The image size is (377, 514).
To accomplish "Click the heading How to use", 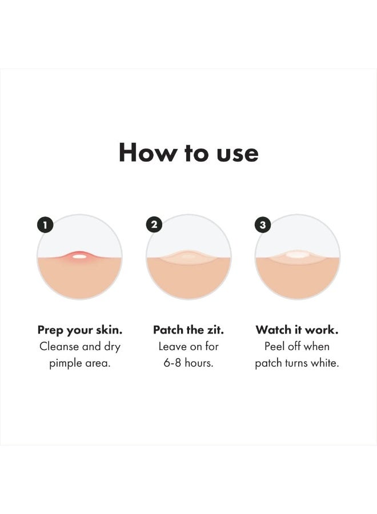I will point(188,153).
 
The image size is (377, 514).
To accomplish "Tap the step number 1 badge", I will point(45,224).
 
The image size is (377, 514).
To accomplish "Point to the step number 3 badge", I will point(263,224).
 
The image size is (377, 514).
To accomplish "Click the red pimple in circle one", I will point(79,256).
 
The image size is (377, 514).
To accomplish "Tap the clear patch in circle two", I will point(188,258).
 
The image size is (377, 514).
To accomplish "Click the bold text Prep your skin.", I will point(79,330).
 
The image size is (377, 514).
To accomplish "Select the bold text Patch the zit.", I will point(188,330).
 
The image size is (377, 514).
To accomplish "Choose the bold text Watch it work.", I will point(297,330).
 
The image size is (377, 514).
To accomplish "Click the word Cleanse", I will point(59,346).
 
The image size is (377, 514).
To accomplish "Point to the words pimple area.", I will point(79,363).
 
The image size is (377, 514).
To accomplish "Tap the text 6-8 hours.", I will point(188,363).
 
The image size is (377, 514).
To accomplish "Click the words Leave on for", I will point(188,346).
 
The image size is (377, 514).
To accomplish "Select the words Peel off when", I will point(297,346).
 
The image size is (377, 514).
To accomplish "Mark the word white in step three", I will point(325,363).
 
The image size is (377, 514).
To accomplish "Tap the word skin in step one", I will point(109,330).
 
